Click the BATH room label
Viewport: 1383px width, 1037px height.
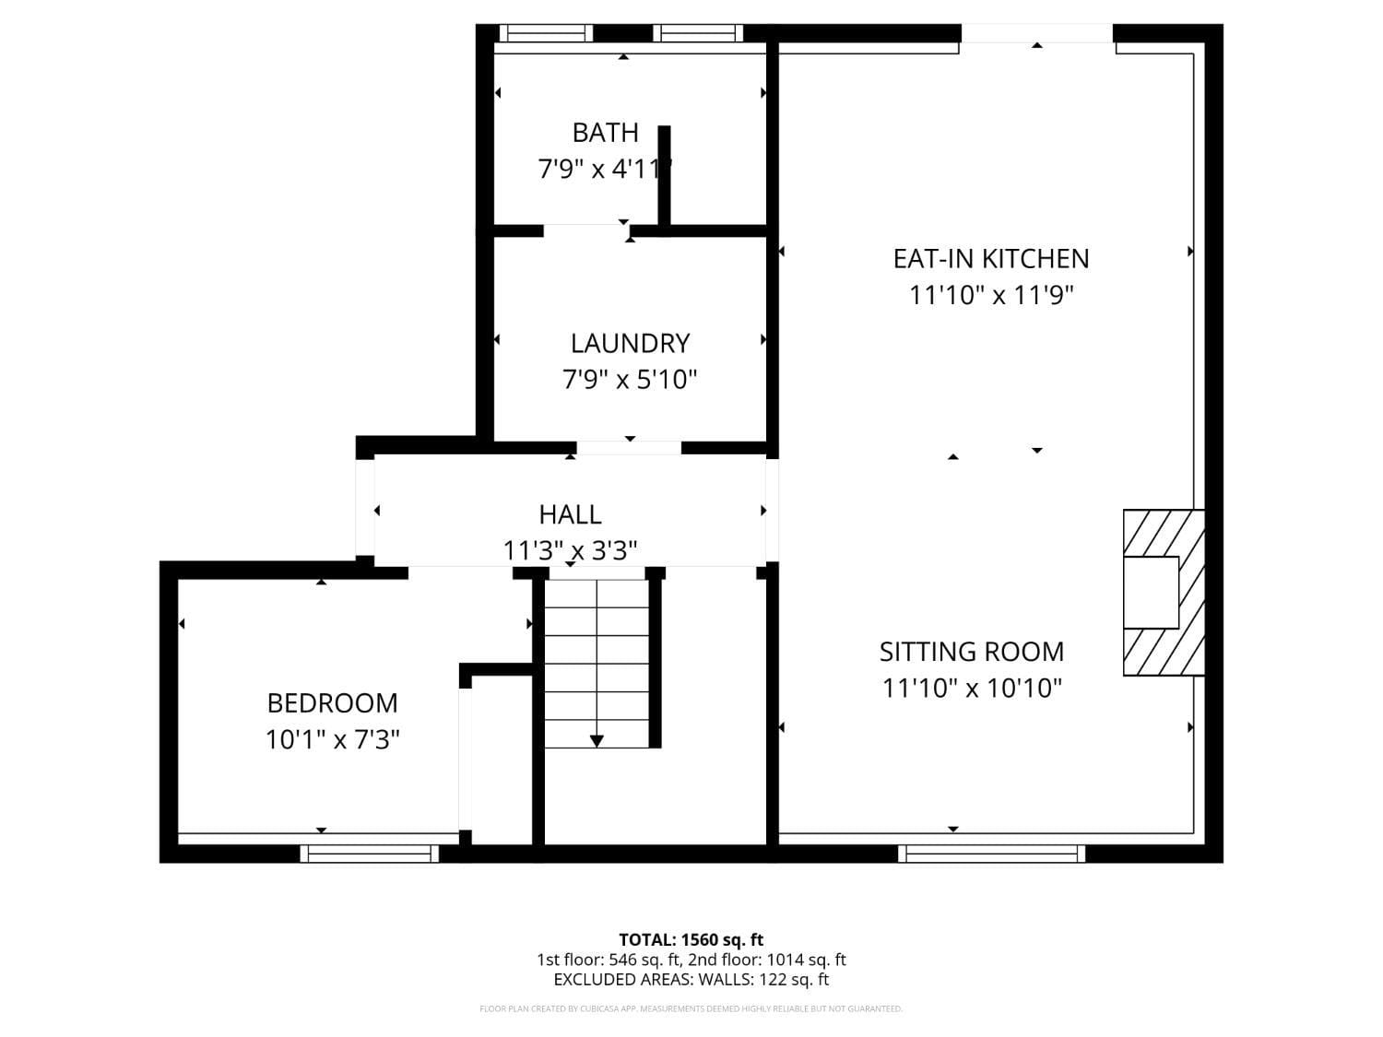(605, 133)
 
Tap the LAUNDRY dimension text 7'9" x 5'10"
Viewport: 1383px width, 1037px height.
(630, 380)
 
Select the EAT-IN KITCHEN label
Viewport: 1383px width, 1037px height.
(991, 258)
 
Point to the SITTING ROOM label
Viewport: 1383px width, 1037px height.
(972, 652)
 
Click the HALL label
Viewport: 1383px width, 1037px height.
(570, 514)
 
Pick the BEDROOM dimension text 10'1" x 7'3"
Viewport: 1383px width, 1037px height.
(332, 739)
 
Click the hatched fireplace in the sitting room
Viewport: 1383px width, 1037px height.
(1164, 593)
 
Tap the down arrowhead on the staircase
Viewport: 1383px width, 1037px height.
(597, 740)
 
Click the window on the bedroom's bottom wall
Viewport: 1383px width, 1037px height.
(370, 854)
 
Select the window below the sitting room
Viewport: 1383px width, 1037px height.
(992, 854)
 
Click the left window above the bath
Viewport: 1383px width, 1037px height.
(546, 34)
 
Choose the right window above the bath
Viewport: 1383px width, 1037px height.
(698, 34)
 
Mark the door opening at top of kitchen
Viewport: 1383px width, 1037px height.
(1037, 34)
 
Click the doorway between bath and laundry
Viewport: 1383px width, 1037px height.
(585, 229)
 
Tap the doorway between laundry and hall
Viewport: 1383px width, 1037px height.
(629, 448)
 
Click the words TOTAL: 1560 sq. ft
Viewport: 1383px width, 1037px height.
(691, 940)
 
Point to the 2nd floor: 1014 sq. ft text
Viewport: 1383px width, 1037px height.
(767, 960)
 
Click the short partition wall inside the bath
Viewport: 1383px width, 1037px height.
(664, 175)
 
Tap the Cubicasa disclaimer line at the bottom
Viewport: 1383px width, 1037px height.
(691, 1009)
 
